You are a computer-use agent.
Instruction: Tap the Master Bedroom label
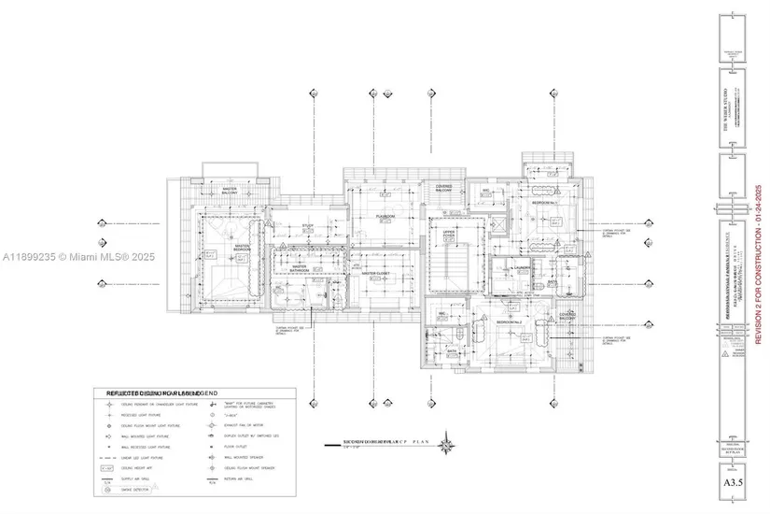tap(214, 249)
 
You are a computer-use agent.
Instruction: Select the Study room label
tap(309, 225)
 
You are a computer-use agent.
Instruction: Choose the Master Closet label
tap(375, 274)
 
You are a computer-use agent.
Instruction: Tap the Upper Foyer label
tap(449, 230)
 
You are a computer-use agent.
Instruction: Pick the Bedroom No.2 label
tap(510, 321)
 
